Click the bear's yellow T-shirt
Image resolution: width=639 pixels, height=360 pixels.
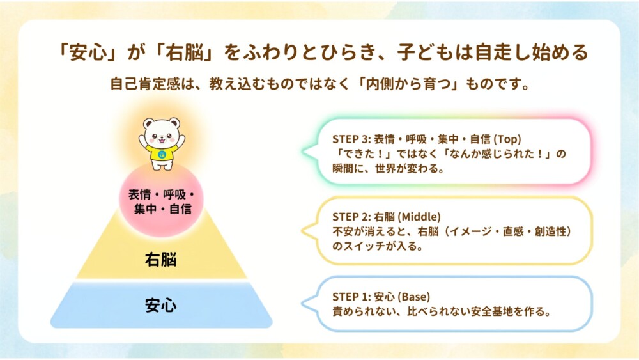(162, 153)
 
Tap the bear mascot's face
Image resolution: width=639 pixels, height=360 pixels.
(162, 133)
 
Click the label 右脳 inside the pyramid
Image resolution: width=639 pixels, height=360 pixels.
(161, 260)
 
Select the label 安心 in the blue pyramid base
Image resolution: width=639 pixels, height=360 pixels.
(161, 306)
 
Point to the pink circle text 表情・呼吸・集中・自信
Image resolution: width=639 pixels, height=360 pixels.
(162, 202)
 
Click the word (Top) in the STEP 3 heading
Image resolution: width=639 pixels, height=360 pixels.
(507, 139)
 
